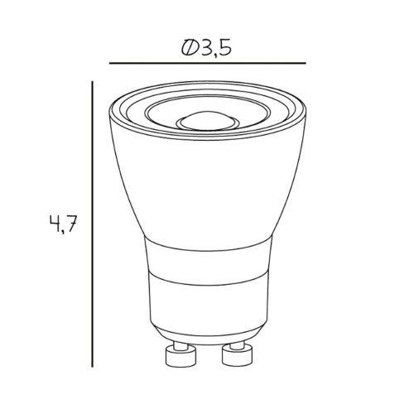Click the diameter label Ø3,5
(206, 49)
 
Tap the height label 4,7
(62, 224)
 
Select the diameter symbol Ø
(189, 48)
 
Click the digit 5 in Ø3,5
(224, 48)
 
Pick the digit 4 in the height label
(55, 223)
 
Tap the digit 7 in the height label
(70, 223)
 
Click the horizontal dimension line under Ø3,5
(208, 63)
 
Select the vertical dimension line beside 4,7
(92, 224)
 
